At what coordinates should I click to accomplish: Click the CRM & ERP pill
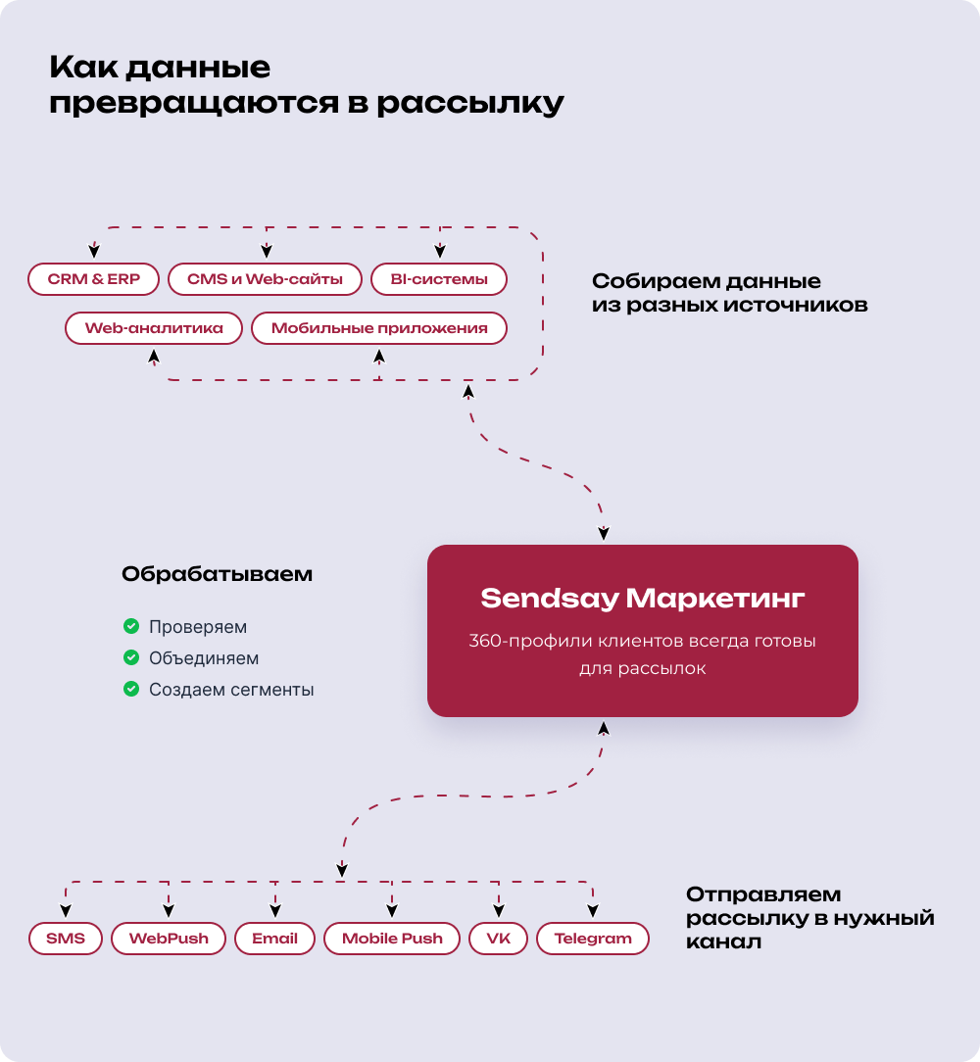click(x=94, y=279)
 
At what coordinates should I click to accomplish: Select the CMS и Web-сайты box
click(x=265, y=279)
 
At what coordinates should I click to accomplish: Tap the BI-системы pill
click(x=438, y=279)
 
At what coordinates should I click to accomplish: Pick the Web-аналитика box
click(x=154, y=328)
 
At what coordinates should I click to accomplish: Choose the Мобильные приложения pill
click(x=378, y=328)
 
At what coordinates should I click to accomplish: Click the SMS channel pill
click(x=66, y=939)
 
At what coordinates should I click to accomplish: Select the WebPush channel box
click(x=169, y=939)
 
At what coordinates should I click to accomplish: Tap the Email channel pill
click(x=274, y=939)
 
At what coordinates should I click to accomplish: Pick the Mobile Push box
click(x=392, y=939)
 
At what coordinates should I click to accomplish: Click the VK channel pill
click(x=498, y=939)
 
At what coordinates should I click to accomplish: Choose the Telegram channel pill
click(x=593, y=939)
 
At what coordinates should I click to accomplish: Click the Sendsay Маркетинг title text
click(x=642, y=598)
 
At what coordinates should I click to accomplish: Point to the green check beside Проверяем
click(x=130, y=626)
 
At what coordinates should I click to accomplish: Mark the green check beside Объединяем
click(x=130, y=657)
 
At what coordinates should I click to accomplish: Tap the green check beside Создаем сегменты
click(x=130, y=689)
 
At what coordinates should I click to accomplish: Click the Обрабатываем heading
click(x=217, y=574)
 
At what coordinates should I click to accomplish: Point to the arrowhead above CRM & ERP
click(x=94, y=250)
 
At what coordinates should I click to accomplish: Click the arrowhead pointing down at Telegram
click(x=593, y=907)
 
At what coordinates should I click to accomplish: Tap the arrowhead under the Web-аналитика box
click(x=154, y=359)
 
